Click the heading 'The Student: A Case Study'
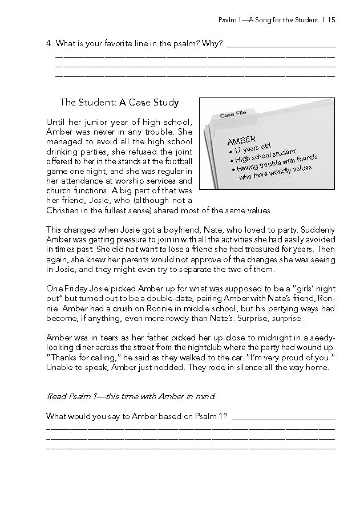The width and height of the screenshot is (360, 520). coord(119,103)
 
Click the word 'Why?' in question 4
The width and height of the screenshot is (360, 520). coord(212,43)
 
